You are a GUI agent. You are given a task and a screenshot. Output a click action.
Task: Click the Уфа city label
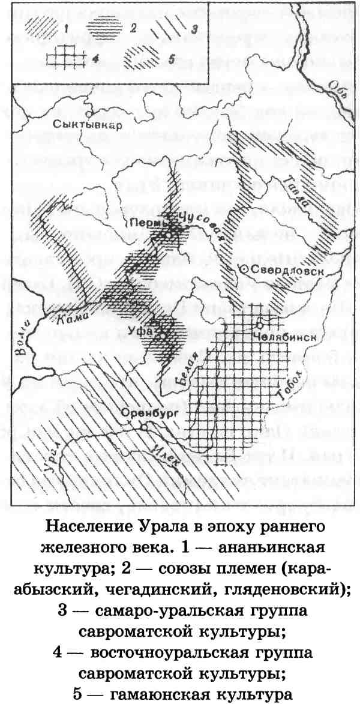tap(137, 331)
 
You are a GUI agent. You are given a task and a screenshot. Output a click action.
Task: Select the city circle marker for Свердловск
tap(242, 271)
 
